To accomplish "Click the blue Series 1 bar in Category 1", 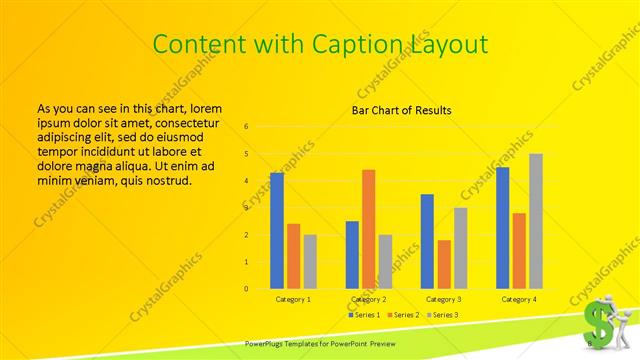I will (277, 231).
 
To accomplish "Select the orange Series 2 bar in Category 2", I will (369, 229).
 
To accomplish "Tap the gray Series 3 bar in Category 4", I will (536, 221).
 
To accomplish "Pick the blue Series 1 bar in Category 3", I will (427, 241).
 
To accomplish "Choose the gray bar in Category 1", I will (310, 262).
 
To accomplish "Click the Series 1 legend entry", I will (363, 315).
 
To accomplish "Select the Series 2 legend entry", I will (403, 315).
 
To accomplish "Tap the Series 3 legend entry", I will (443, 315).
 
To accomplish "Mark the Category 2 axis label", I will (369, 299).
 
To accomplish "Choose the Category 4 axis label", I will (519, 299).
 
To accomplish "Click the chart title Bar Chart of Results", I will (402, 110).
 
